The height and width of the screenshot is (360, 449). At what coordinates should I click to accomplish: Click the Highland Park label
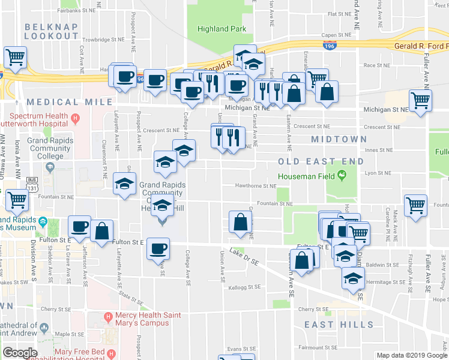221,29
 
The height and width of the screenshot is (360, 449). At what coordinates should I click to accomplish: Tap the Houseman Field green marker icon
342,175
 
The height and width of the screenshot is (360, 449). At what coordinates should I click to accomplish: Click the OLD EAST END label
321,161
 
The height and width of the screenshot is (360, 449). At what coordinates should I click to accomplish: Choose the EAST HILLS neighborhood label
339,325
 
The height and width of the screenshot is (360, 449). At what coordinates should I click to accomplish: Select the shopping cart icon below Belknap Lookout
15,58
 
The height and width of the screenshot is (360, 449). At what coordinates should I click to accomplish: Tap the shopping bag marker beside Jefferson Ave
102,230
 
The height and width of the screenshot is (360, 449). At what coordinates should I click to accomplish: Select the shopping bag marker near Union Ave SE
240,221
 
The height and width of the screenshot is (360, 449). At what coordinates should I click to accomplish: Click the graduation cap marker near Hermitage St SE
353,278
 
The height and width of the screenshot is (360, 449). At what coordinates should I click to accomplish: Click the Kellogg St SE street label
245,287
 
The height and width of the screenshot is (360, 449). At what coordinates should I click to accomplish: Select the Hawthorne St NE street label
255,186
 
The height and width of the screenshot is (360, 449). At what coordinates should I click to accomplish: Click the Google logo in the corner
20,353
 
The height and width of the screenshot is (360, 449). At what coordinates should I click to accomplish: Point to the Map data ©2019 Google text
412,355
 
